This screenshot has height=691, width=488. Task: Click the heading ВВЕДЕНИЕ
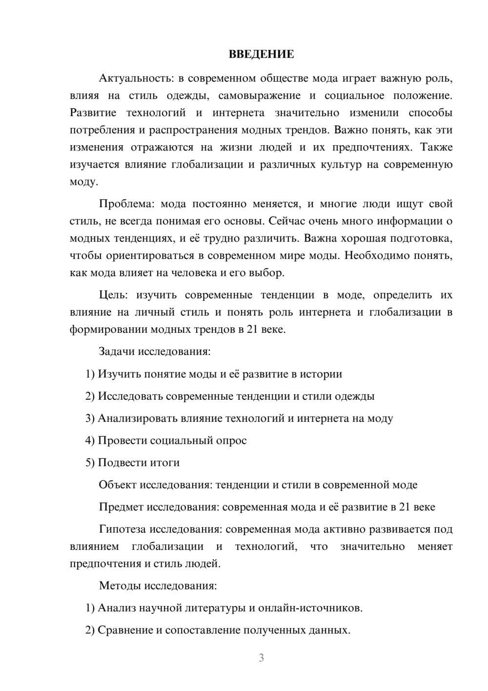click(261, 54)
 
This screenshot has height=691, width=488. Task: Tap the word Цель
click(113, 295)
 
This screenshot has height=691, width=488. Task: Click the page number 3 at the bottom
click(261, 658)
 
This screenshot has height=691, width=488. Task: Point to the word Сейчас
click(285, 221)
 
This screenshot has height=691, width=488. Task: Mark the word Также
click(436, 147)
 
